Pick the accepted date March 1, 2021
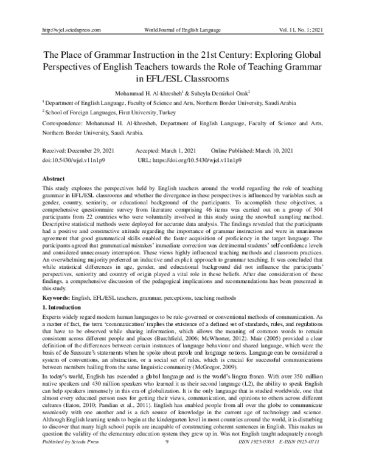tap(179, 150)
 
